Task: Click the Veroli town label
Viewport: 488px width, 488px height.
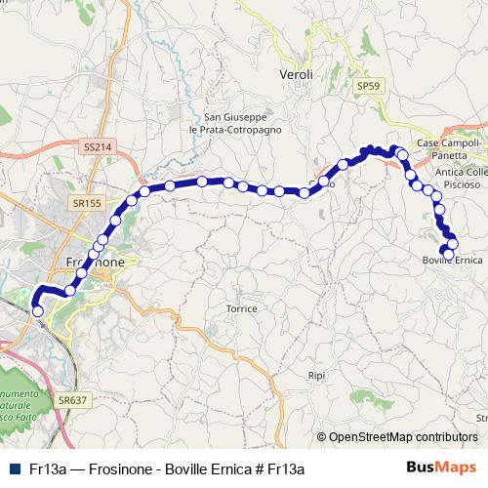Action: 296,74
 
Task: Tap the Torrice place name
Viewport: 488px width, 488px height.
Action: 241,308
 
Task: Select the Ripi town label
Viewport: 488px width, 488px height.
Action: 315,375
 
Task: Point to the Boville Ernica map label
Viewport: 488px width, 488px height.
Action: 453,261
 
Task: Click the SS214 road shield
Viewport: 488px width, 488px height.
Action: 98,146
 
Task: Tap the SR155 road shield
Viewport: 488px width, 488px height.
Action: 87,203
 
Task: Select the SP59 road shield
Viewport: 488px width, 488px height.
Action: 368,86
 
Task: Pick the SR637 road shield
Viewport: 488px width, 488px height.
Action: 72,399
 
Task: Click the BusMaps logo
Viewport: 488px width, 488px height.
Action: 441,468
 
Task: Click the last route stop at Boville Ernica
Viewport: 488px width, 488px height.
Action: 448,254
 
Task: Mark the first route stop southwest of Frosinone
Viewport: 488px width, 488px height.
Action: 38,311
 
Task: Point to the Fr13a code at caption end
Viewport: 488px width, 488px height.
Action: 286,468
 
